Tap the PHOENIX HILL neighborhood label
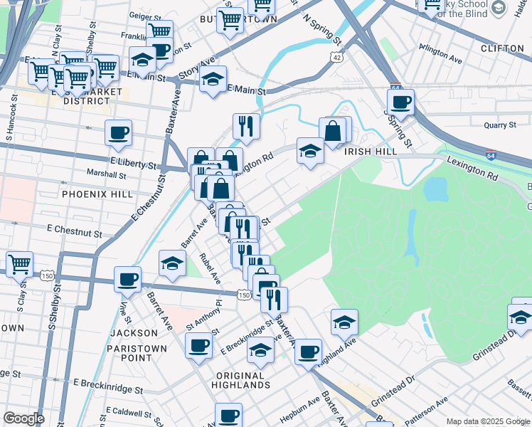click(x=92, y=194)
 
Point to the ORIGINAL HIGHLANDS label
click(x=241, y=380)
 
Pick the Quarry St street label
click(x=499, y=125)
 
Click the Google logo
click(x=23, y=418)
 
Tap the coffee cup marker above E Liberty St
click(x=118, y=132)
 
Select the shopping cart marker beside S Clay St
click(x=19, y=264)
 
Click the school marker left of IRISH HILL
click(x=309, y=150)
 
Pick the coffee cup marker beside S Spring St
click(x=401, y=101)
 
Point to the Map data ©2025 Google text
click(x=488, y=421)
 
